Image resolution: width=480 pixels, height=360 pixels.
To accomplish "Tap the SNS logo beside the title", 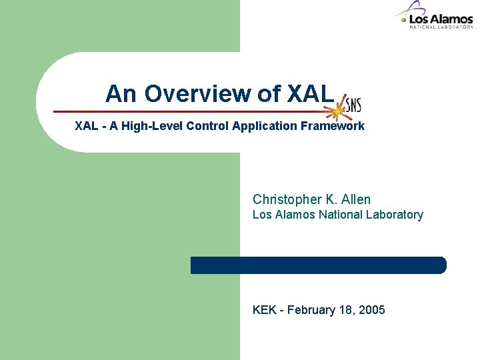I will (x=351, y=105).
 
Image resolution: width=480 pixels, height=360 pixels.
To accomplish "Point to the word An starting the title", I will (x=120, y=94).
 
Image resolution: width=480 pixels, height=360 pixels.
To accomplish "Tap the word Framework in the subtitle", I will (x=332, y=126).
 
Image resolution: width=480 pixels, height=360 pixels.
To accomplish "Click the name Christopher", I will (x=285, y=199).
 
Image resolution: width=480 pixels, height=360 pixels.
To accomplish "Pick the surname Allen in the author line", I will (x=355, y=199).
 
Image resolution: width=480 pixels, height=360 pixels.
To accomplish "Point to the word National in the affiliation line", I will (x=340, y=215).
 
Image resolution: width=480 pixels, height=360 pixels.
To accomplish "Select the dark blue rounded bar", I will (x=318, y=265).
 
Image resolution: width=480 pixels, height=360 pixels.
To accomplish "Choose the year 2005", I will (x=372, y=310).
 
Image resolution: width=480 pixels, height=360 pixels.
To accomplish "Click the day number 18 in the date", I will (x=347, y=310).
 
